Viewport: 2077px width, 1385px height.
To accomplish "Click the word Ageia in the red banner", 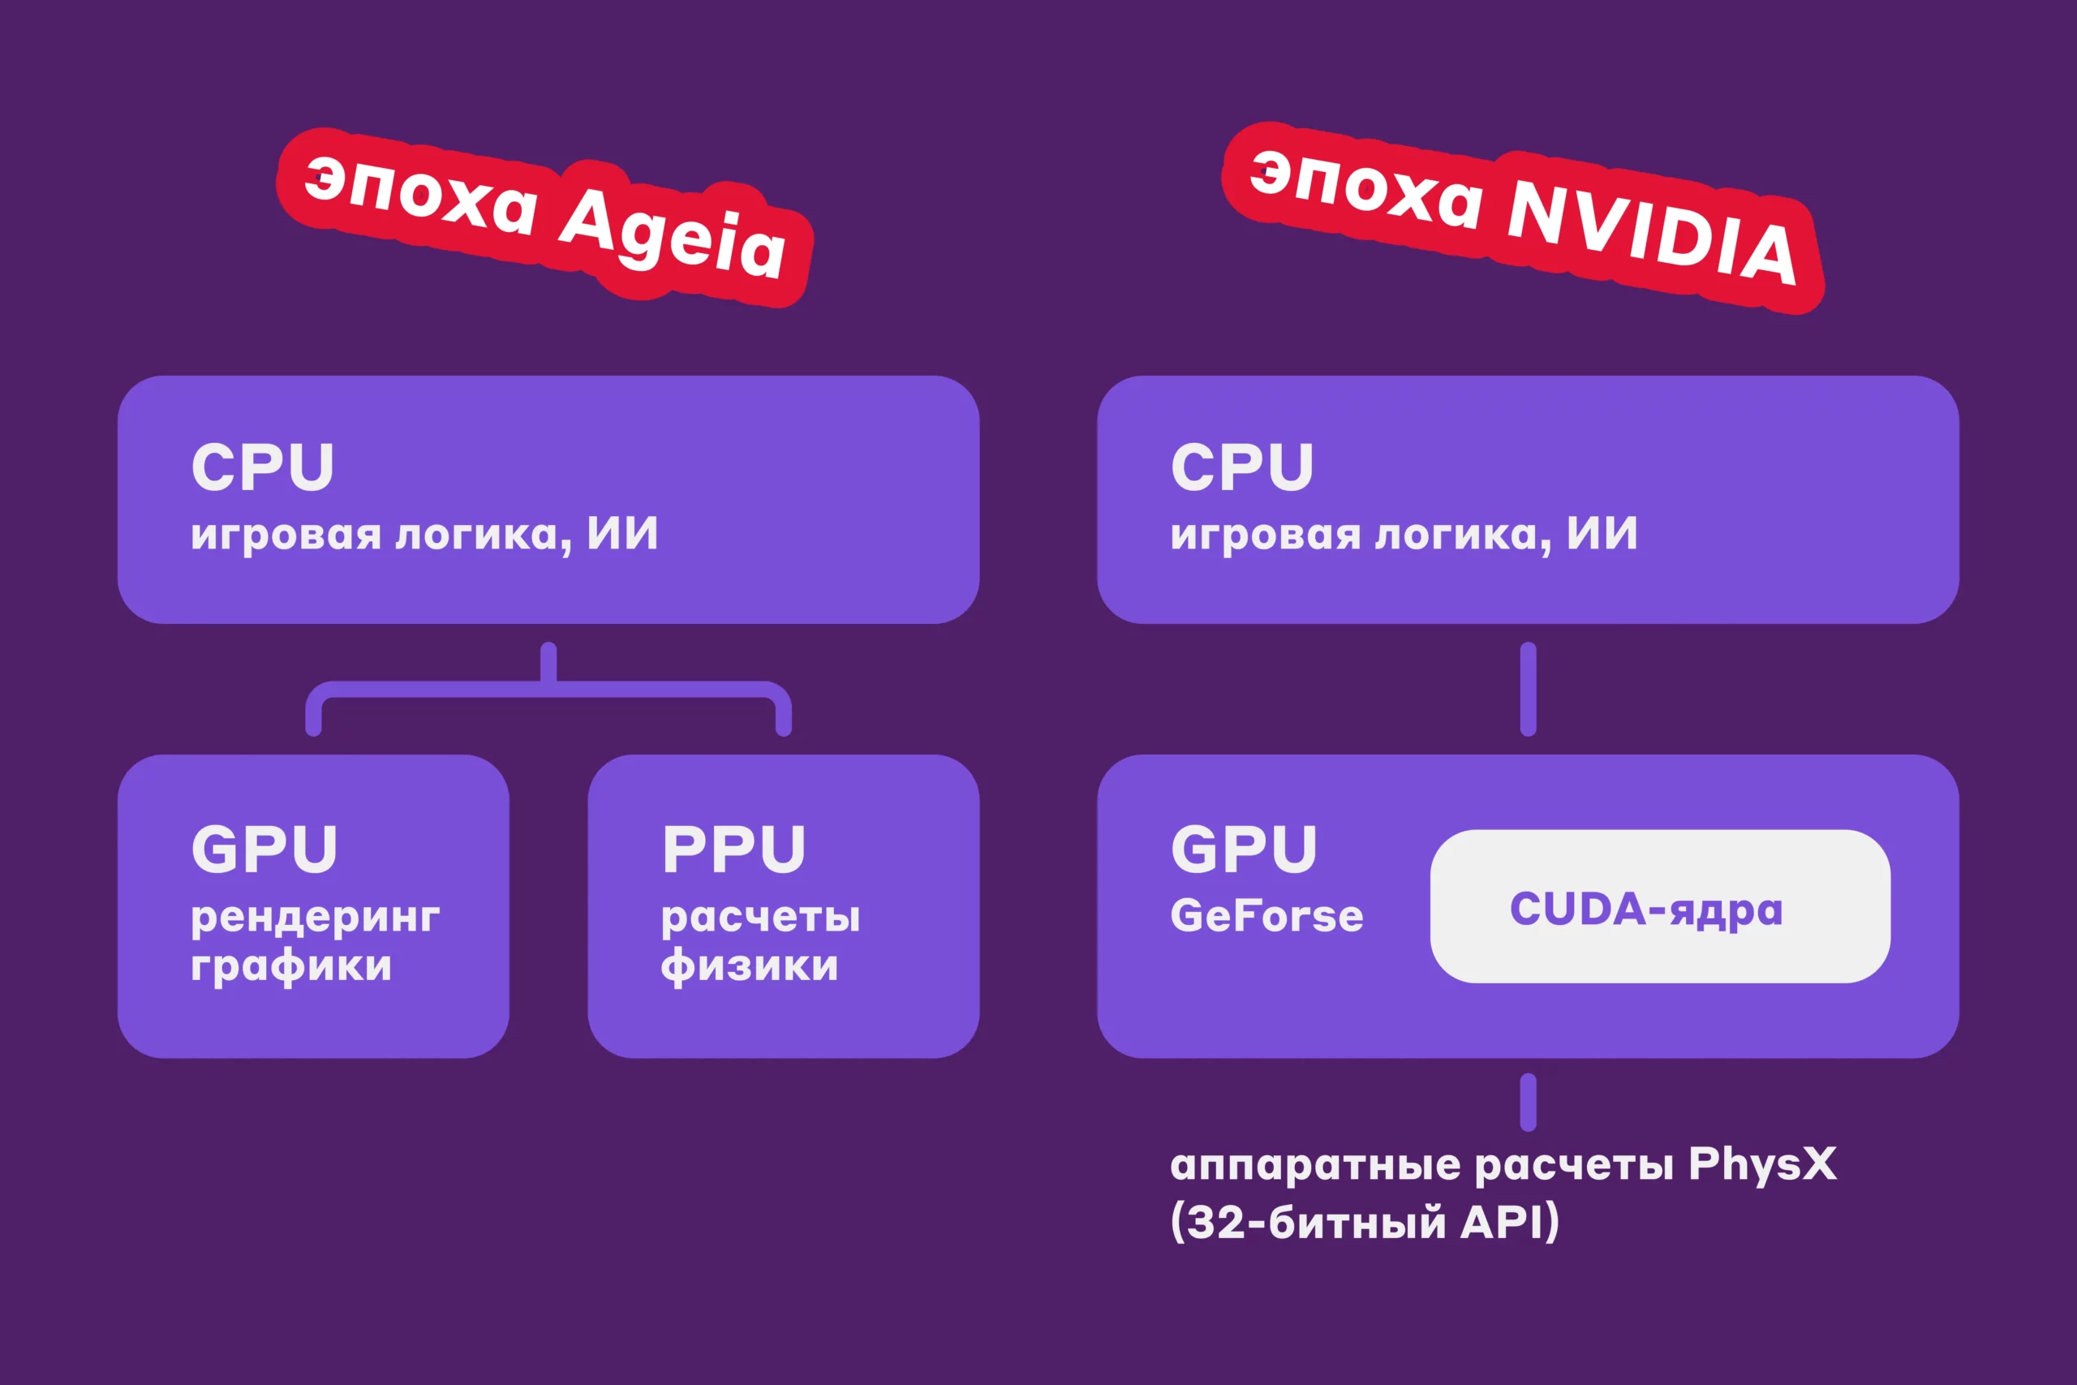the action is [672, 231].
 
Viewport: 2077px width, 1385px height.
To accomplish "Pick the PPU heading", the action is [733, 849].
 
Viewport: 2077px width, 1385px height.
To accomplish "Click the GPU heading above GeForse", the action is [1244, 849].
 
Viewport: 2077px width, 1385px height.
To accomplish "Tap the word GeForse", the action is [1266, 915].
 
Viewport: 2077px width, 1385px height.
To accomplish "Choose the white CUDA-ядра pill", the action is [1660, 906].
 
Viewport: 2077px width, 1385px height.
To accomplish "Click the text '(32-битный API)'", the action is [1365, 1223].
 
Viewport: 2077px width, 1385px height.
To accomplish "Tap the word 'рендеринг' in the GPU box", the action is [316, 919].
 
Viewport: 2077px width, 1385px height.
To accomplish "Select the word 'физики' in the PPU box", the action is [750, 966].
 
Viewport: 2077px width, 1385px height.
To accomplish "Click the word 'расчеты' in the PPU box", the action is [760, 919].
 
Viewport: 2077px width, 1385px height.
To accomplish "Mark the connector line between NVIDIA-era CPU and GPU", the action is [1529, 689].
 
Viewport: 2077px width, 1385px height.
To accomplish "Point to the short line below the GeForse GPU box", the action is [1529, 1103].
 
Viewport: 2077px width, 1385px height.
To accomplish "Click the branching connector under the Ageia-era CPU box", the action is [548, 689].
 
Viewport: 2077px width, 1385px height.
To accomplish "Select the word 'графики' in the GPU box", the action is [290, 967].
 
